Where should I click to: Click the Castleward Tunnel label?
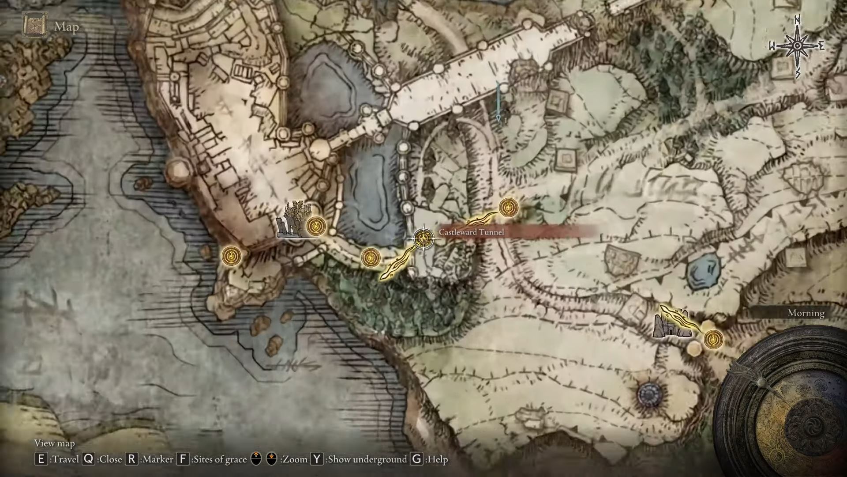(471, 232)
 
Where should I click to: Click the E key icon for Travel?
(41, 459)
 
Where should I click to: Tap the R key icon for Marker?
(131, 459)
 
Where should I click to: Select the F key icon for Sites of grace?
(183, 459)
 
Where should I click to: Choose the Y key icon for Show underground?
(317, 459)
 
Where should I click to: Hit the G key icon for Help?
(416, 459)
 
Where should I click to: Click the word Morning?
(806, 313)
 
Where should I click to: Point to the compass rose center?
(798, 46)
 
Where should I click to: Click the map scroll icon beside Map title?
(35, 26)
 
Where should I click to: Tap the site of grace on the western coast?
(232, 256)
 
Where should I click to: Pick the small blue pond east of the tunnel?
(704, 271)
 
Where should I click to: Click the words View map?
(55, 443)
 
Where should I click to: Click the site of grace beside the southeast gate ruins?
(712, 339)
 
